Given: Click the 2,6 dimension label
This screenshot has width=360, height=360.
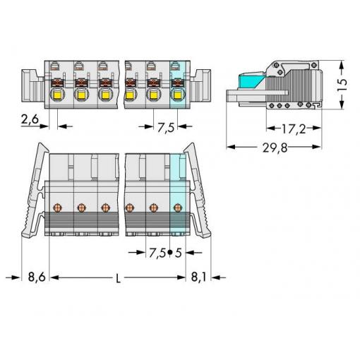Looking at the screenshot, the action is pyautogui.click(x=30, y=119).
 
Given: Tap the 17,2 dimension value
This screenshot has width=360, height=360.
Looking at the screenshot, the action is pyautogui.click(x=294, y=129).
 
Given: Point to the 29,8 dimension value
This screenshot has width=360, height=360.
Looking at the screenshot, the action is pyautogui.click(x=275, y=148).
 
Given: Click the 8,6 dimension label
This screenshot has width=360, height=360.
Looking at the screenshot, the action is pyautogui.click(x=37, y=277).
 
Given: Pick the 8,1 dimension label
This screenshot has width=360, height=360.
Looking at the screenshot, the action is pyautogui.click(x=198, y=277).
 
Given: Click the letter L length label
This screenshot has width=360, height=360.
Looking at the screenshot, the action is pyautogui.click(x=119, y=279).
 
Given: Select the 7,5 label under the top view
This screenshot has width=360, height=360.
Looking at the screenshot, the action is pyautogui.click(x=166, y=128).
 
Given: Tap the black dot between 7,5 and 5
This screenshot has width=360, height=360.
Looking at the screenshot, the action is pyautogui.click(x=170, y=253).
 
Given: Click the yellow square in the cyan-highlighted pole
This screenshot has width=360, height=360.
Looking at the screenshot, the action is pyautogui.click(x=177, y=95).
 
